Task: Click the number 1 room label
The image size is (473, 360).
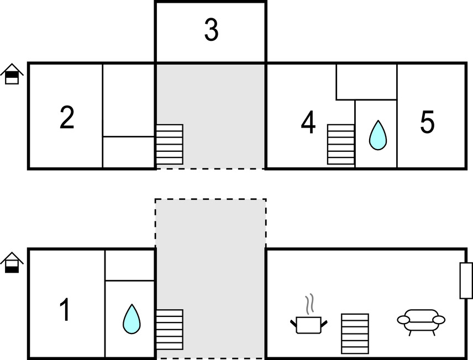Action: (65, 310)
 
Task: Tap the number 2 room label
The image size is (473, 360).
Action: (67, 118)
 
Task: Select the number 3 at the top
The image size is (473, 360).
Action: (211, 31)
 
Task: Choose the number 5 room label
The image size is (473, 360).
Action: (427, 123)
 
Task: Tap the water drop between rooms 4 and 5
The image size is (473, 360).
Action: (377, 135)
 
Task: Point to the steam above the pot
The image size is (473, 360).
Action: (311, 303)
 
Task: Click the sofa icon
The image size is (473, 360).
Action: (421, 321)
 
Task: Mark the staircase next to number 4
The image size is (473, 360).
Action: (340, 144)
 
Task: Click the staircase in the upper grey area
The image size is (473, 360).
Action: (169, 144)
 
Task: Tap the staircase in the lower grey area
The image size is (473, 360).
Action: (169, 329)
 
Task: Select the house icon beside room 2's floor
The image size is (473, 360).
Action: (12, 74)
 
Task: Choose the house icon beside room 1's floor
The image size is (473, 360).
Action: (12, 262)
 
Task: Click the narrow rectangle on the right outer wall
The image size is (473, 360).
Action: (466, 280)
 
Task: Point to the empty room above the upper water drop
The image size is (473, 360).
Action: (366, 82)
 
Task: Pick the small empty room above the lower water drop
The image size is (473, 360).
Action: (130, 265)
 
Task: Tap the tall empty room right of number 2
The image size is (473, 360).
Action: (128, 99)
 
